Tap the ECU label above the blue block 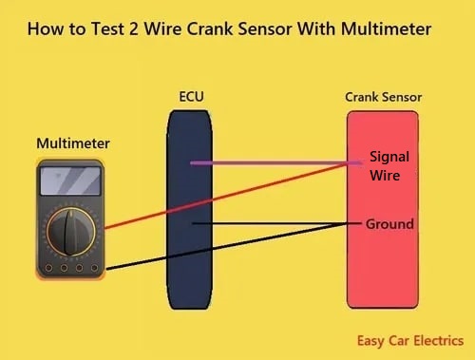pos(191,97)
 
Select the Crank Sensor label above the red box pos(383,97)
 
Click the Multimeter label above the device pos(73,143)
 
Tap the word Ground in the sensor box pos(389,224)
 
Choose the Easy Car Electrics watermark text pos(410,339)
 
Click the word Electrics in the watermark pos(437,339)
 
